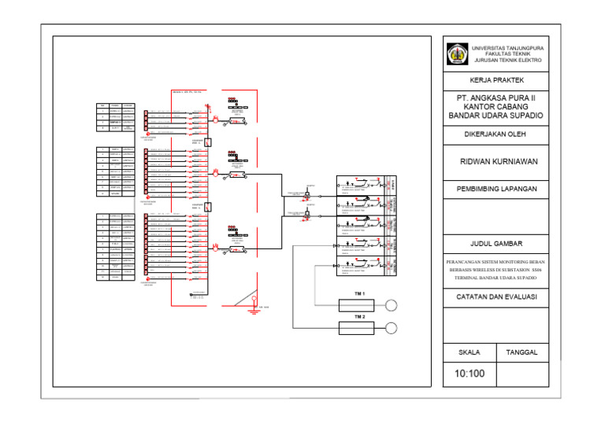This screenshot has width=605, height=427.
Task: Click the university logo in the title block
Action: (457, 53)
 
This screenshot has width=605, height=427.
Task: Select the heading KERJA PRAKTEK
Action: (496, 81)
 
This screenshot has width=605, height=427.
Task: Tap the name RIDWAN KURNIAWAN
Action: (499, 161)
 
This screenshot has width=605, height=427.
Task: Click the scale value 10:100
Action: (470, 373)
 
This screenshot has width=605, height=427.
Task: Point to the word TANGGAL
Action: (521, 352)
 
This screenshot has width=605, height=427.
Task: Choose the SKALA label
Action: (470, 352)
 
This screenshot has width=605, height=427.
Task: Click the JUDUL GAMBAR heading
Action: (496, 244)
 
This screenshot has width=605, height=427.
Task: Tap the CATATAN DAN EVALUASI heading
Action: (496, 297)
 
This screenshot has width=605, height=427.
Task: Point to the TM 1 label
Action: (359, 293)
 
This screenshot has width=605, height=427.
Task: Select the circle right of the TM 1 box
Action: (392, 306)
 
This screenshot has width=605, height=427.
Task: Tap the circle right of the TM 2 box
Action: (392, 328)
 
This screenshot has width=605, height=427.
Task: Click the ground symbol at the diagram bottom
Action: (254, 309)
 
